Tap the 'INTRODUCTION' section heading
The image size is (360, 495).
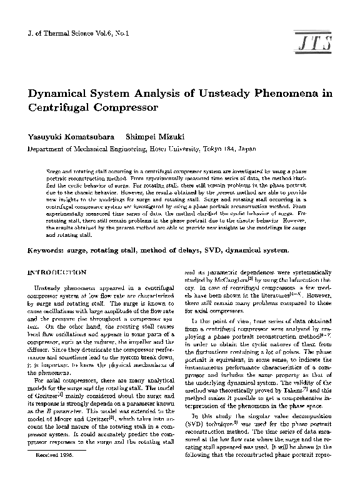click(58, 273)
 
